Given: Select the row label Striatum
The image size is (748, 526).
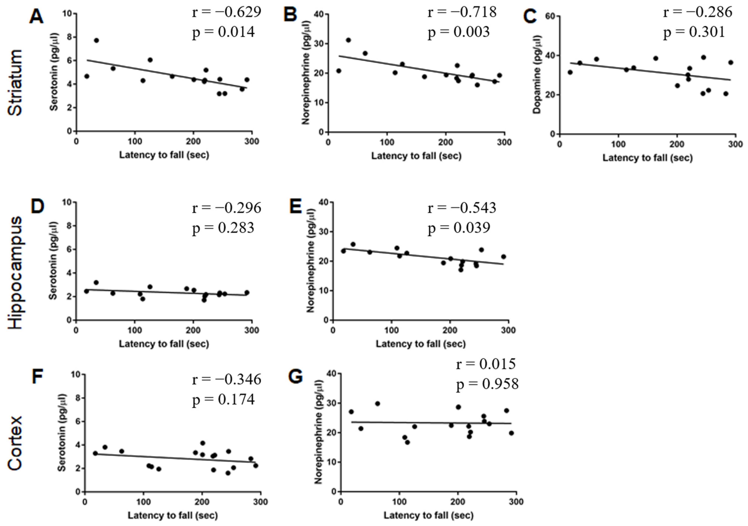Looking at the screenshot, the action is [15, 83].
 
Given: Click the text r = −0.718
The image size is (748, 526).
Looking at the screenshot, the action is [462, 12].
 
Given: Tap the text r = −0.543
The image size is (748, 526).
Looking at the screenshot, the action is [462, 208].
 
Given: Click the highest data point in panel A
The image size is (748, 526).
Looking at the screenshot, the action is [97, 40].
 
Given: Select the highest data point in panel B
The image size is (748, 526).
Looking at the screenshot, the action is [348, 40].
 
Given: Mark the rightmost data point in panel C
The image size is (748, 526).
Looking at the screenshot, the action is [731, 62].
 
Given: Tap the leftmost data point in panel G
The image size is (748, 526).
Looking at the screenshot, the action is [351, 412].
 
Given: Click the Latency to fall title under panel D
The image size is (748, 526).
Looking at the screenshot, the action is [164, 344].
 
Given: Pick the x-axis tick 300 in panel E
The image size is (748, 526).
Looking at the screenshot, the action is [508, 330].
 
